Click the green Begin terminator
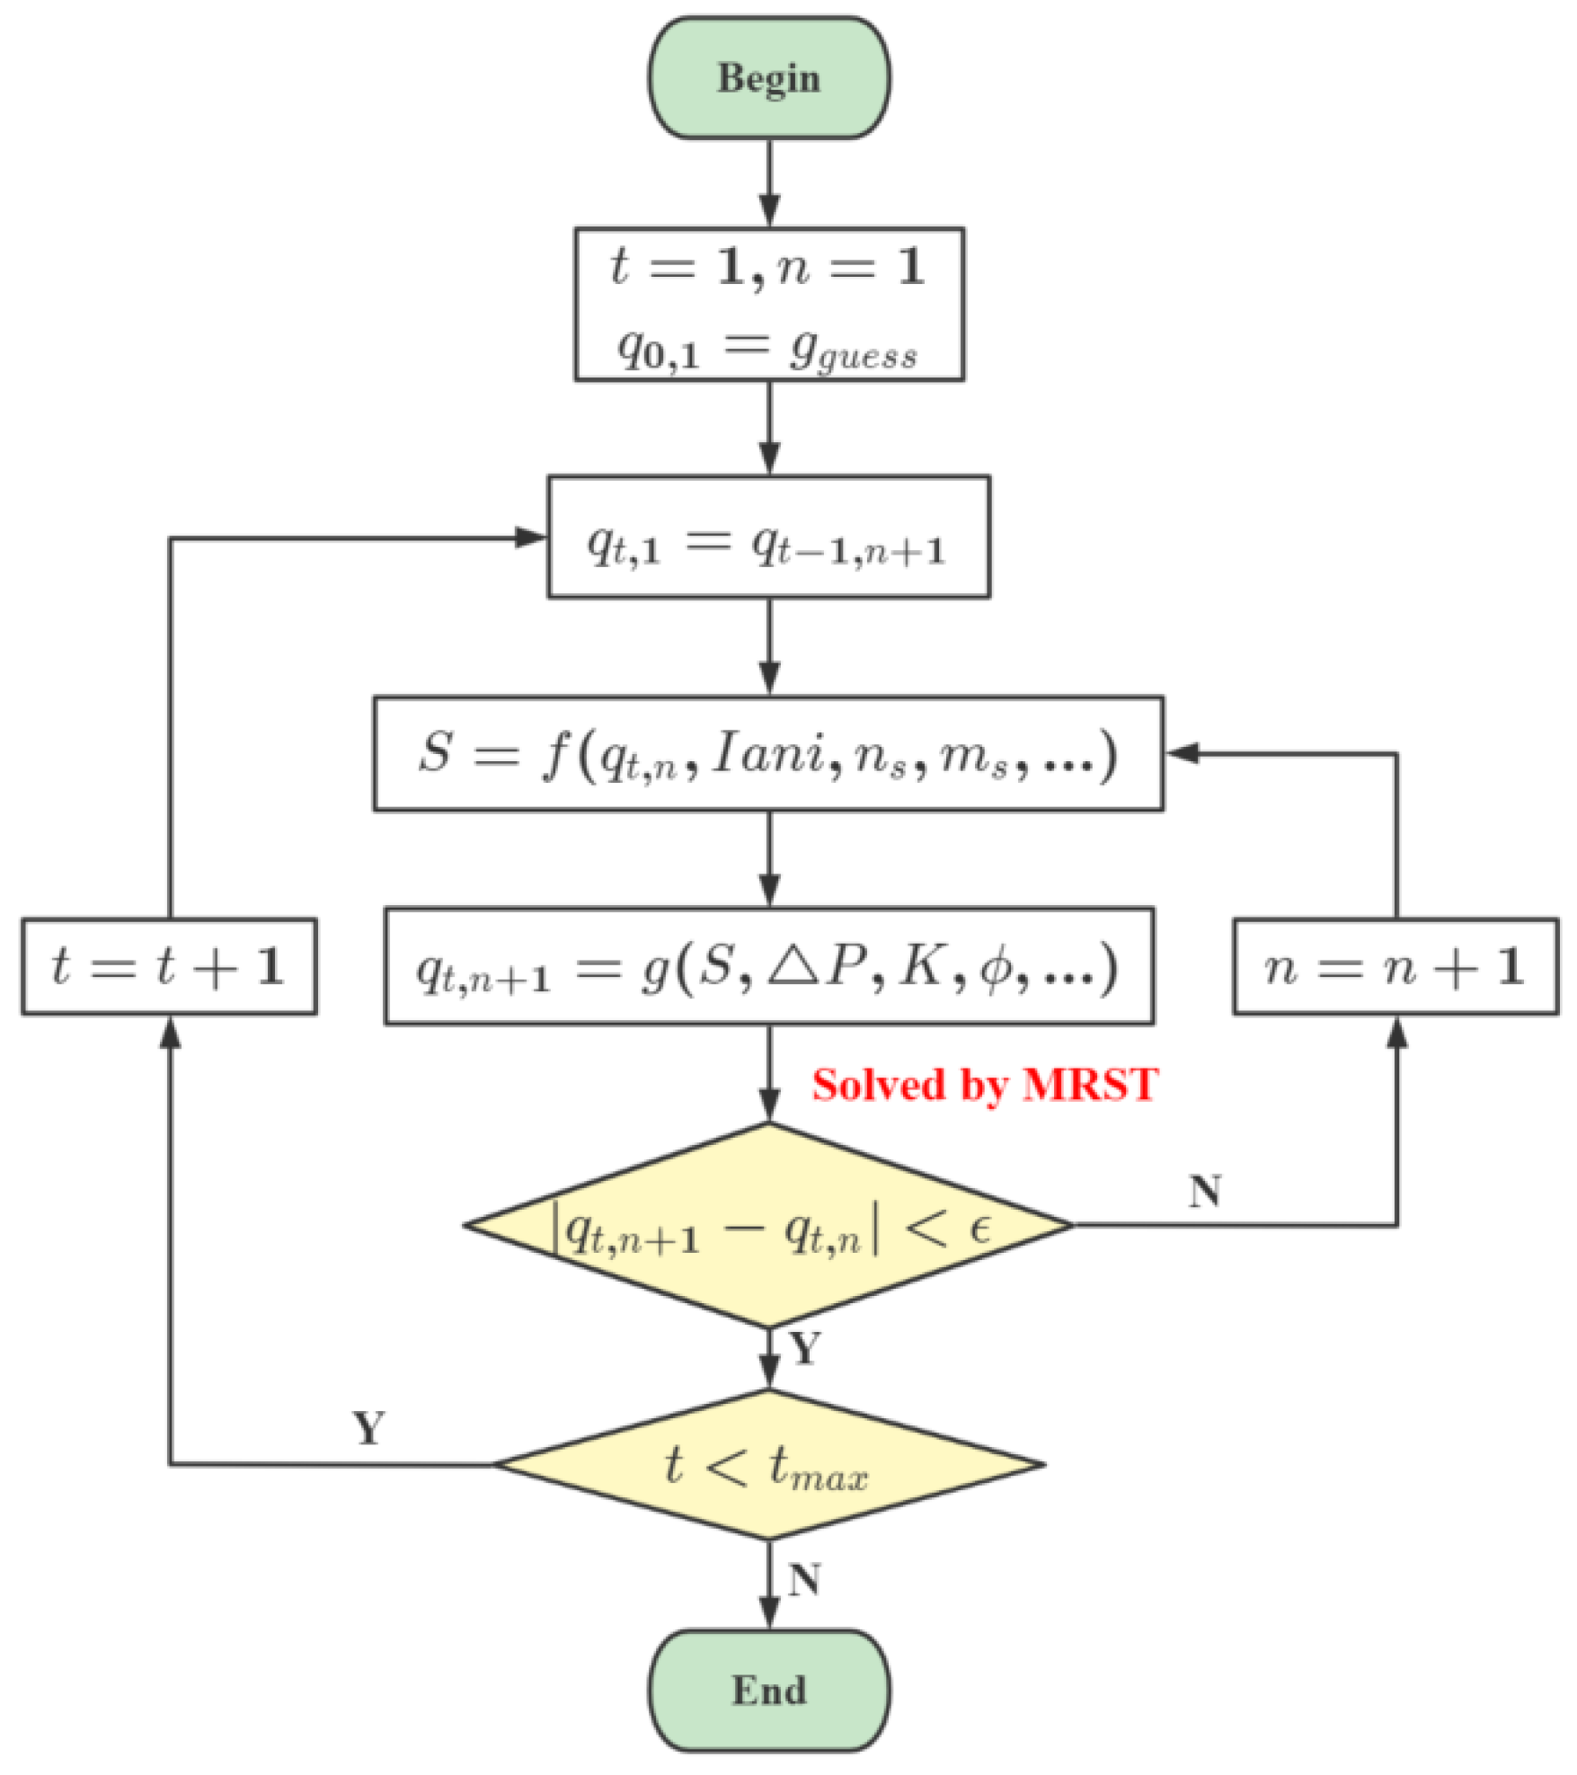(768, 78)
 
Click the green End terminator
(768, 1690)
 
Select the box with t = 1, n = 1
(768, 304)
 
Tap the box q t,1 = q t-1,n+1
(768, 537)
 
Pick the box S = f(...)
(768, 753)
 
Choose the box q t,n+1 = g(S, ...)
(768, 966)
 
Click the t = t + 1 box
(169, 966)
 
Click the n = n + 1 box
(1395, 966)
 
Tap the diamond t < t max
(768, 1465)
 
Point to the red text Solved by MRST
(984, 1085)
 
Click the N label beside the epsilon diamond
(1204, 1191)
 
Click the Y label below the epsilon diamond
(804, 1349)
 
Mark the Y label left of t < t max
(369, 1428)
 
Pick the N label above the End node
(804, 1580)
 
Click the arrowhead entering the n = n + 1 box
(1395, 1034)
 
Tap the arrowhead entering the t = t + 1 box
(169, 1034)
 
